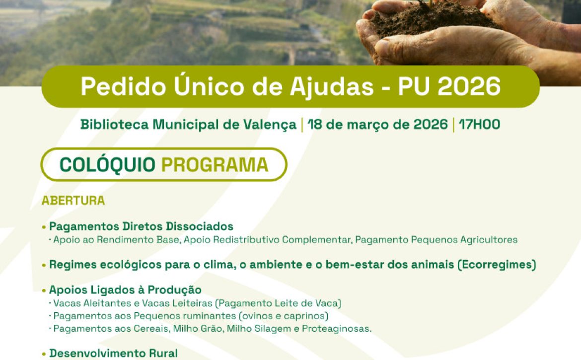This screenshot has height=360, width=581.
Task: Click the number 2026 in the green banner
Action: tap(469, 87)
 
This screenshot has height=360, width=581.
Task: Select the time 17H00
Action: tap(480, 125)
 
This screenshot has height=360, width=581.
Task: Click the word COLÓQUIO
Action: tap(107, 164)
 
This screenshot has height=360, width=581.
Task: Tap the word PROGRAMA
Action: tap(215, 165)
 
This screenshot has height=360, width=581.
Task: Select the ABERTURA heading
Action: tap(73, 201)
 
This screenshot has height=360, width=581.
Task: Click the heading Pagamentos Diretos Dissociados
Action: tap(141, 226)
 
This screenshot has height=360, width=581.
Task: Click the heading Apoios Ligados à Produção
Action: tap(125, 289)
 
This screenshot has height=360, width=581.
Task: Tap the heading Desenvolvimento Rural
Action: tap(113, 353)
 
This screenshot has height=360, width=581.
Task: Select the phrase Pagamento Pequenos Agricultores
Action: tap(436, 240)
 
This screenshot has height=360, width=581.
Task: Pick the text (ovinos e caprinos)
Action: tap(284, 316)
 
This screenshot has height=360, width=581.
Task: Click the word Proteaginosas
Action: tap(337, 329)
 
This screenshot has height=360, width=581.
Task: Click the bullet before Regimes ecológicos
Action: tap(44, 265)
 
